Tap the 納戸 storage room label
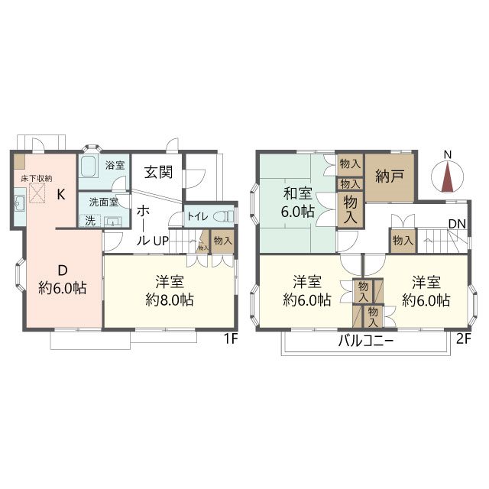389,176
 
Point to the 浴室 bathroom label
115,165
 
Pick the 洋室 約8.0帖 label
169,290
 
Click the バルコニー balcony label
366,342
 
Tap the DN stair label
458,224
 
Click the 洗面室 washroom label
103,202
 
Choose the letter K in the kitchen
61,194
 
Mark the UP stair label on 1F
161,240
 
